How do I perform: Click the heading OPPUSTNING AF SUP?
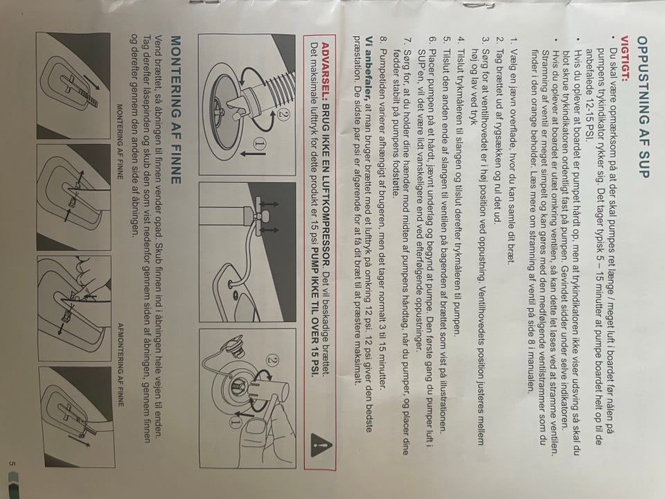tap(643, 107)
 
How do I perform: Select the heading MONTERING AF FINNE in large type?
tap(175, 110)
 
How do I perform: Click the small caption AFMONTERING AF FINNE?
tap(121, 365)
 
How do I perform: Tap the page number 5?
tap(12, 464)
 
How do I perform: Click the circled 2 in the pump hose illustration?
tap(283, 114)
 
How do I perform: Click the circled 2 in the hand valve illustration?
tap(273, 361)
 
